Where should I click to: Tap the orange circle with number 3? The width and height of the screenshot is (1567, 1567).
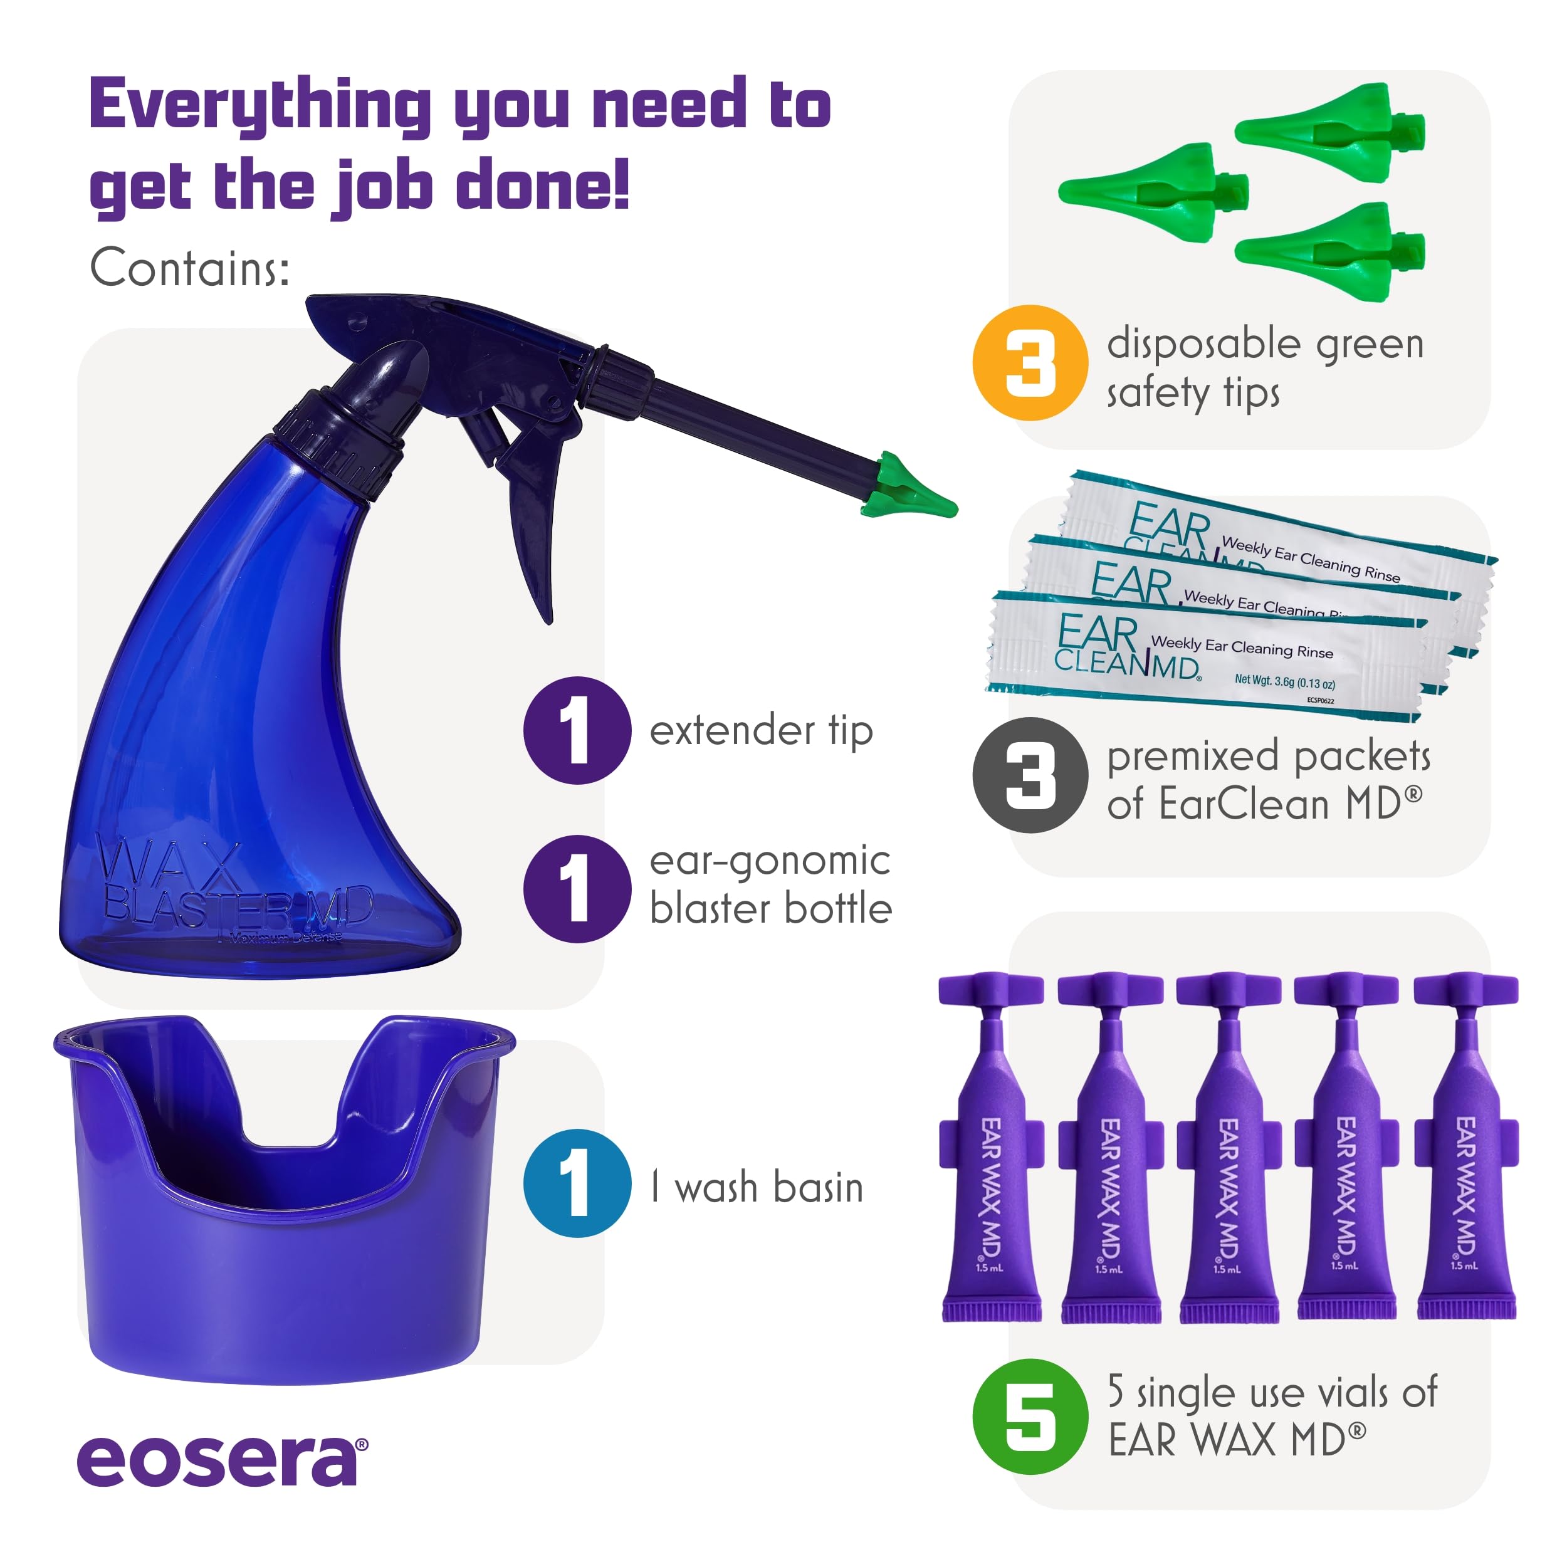pos(1029,362)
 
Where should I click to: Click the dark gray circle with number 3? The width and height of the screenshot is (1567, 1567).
pos(1029,775)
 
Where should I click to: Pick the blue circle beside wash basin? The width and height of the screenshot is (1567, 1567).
pos(577,1183)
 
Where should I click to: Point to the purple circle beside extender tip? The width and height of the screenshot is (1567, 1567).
pos(577,730)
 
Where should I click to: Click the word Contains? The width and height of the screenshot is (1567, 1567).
pos(189,268)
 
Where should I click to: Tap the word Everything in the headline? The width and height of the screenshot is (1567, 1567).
pos(259,105)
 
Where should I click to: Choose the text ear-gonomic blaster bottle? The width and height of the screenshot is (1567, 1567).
pos(770,884)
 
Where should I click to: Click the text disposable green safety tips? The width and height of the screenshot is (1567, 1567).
pos(1266,367)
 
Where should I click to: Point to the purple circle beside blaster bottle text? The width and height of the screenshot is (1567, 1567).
pos(577,888)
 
